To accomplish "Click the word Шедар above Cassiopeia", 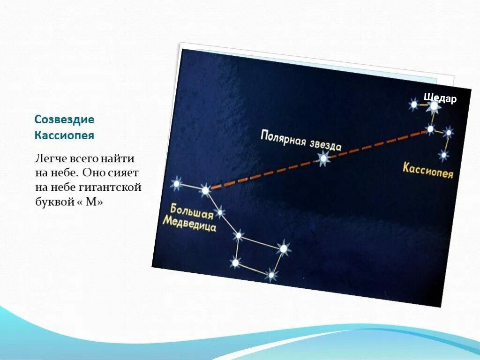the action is tap(440, 98).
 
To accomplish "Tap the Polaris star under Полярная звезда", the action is tap(323, 158).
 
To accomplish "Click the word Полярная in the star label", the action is tap(283, 138).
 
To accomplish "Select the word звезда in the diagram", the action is tap(325, 146).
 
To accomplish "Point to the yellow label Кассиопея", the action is tap(427, 171).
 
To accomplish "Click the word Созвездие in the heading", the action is tap(64, 120).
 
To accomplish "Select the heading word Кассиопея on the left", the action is tap(64, 135).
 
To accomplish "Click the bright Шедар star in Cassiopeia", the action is tap(434, 106).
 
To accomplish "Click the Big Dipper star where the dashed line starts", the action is tap(205, 190).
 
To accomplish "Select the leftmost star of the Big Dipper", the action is tap(177, 184).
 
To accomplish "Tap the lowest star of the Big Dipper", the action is tap(271, 275).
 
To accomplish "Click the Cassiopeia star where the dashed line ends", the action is tap(430, 129).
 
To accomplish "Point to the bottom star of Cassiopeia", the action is tap(443, 155).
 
